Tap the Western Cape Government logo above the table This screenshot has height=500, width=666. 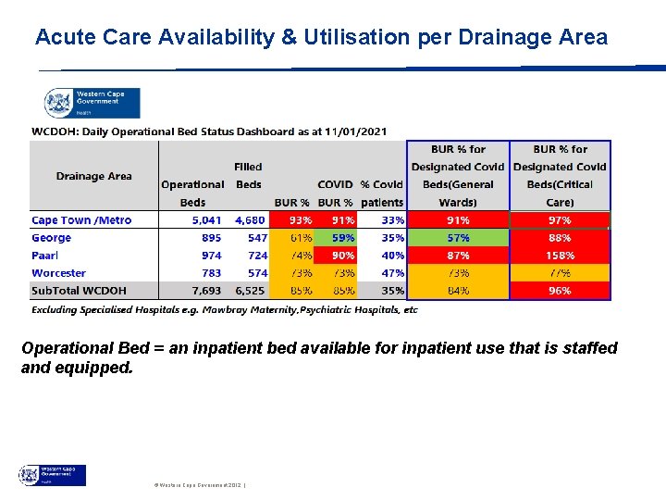tap(92, 101)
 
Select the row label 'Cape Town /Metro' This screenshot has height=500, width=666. tap(81, 220)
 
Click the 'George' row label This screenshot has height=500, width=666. tap(52, 238)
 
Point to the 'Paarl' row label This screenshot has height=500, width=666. tap(46, 256)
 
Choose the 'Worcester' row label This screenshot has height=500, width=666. tap(58, 273)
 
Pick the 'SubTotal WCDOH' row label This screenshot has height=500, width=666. tap(80, 291)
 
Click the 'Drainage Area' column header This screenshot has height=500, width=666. tap(93, 176)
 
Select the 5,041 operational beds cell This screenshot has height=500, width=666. tap(205, 220)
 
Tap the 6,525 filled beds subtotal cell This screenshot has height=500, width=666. tap(250, 291)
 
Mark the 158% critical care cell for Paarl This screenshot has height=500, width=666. tap(560, 256)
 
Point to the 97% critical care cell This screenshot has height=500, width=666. tap(560, 220)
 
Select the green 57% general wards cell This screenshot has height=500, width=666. tap(458, 238)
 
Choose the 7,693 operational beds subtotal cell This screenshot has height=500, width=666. tap(205, 291)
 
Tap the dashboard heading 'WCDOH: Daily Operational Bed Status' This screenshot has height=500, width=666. tap(210, 131)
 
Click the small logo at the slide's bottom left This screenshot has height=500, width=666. tap(52, 475)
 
